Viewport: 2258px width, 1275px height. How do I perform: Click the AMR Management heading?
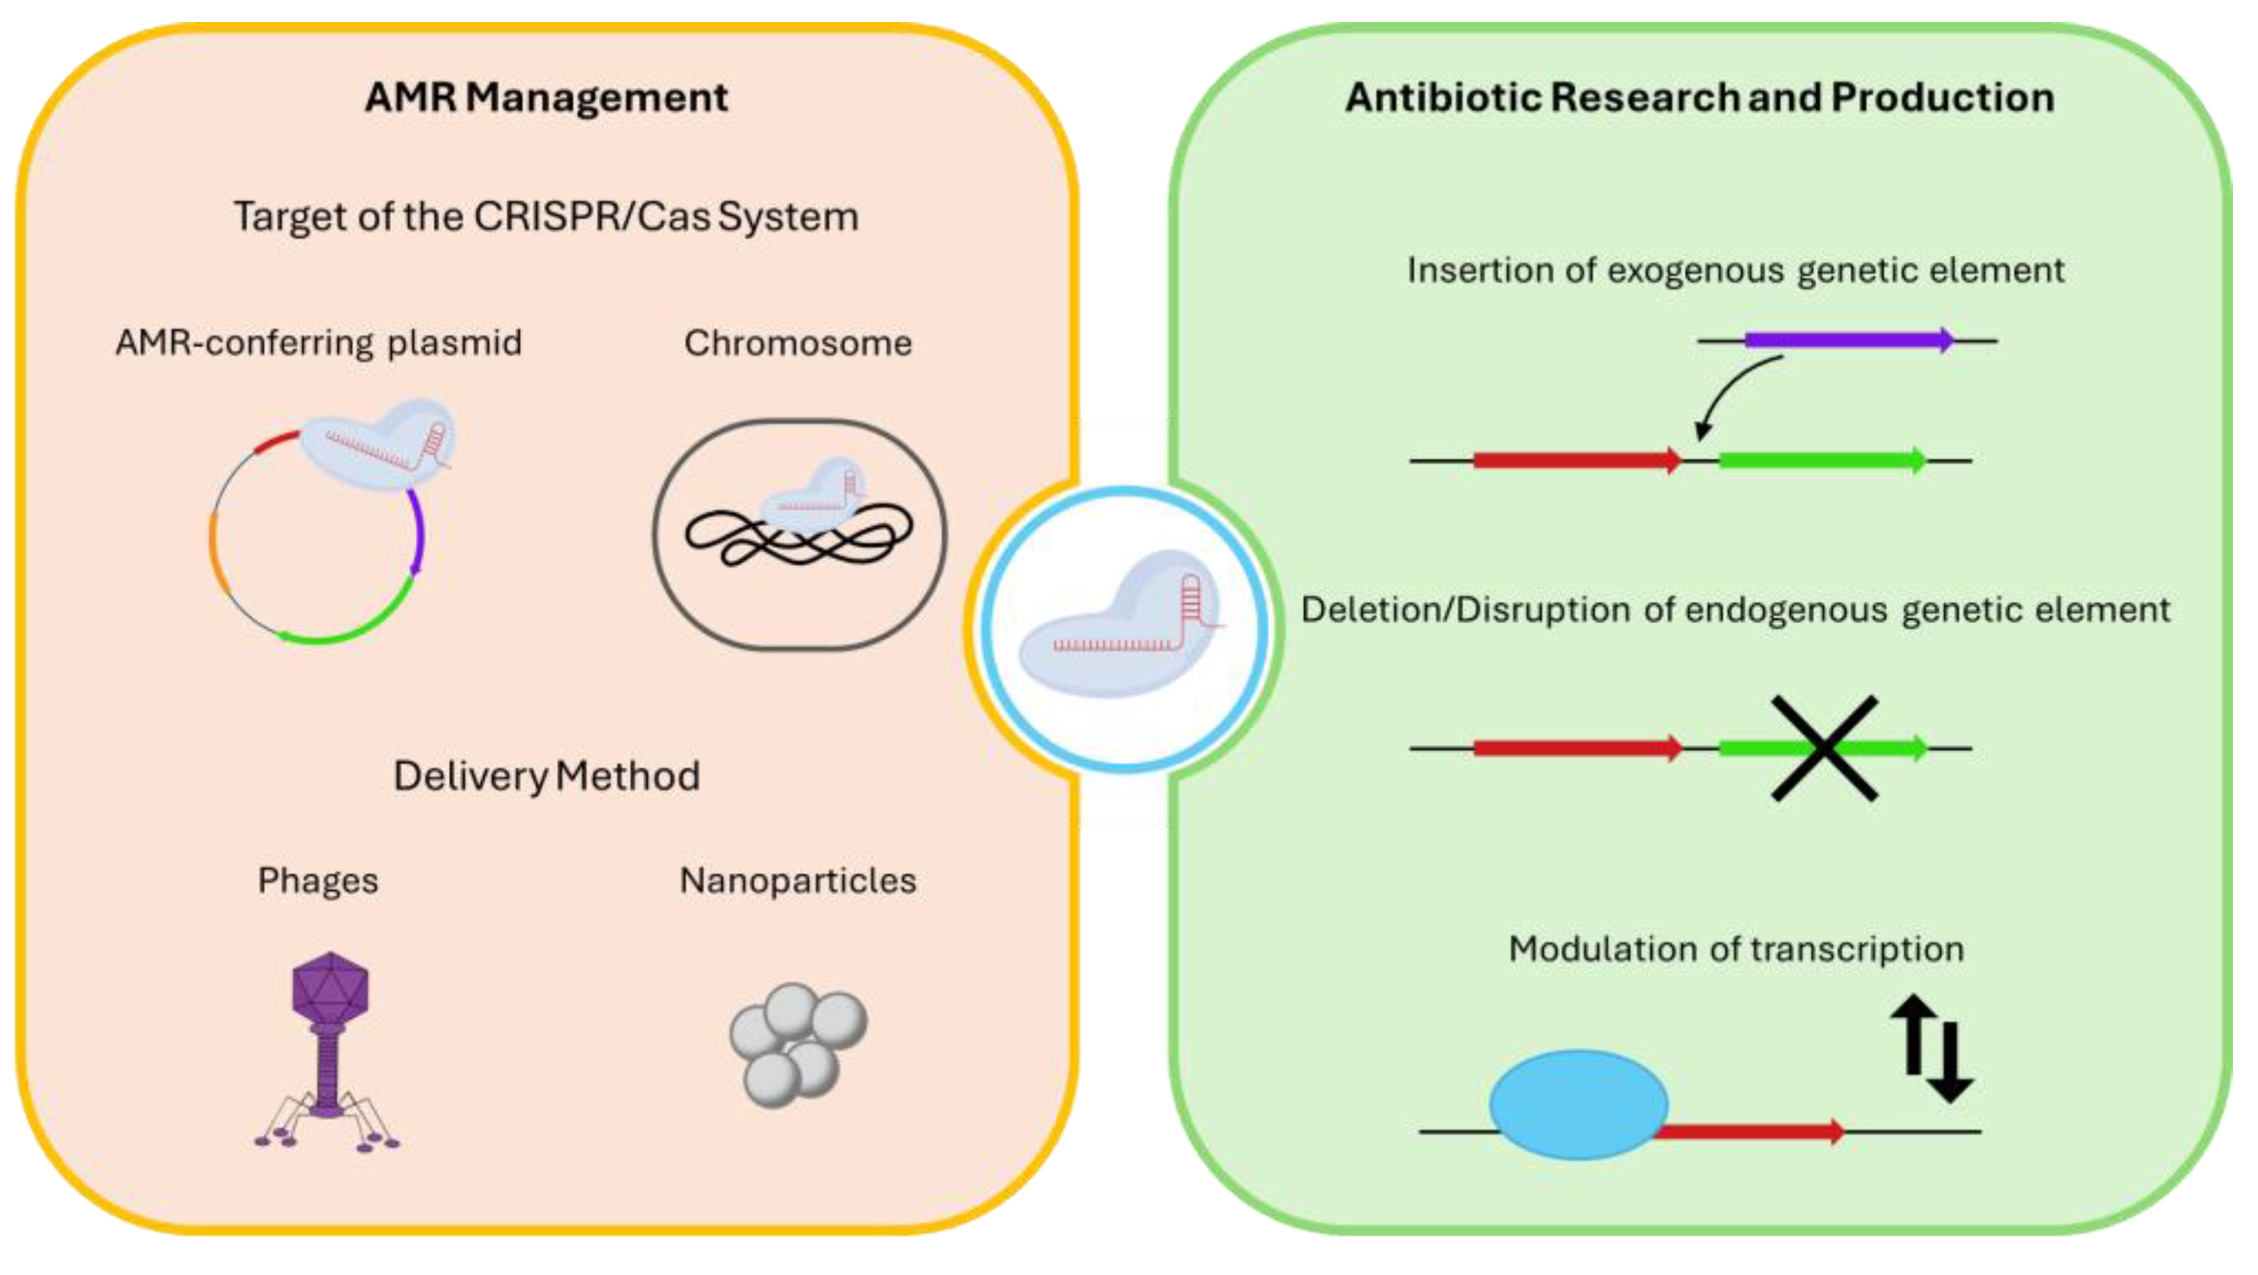click(545, 96)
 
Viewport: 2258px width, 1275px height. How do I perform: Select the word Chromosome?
click(798, 343)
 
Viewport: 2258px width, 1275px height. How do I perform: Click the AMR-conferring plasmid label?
click(318, 343)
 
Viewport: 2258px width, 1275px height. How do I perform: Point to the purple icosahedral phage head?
click(330, 989)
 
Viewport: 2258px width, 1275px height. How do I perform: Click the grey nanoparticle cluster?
click(798, 1044)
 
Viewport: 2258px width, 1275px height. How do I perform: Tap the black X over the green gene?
click(1824, 748)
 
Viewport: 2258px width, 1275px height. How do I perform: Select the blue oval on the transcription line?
click(1578, 1105)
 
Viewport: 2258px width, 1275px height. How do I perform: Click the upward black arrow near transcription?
click(1913, 1035)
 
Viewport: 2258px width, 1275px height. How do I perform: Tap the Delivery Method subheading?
click(545, 776)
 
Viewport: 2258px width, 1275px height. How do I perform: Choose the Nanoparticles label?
click(798, 880)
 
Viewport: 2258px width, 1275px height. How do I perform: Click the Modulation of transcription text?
click(1736, 949)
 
